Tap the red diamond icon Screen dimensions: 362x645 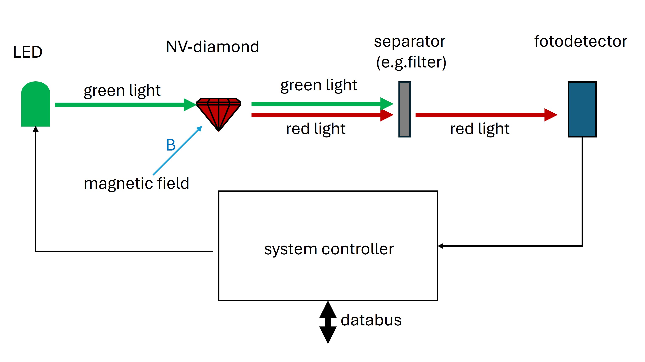(x=218, y=113)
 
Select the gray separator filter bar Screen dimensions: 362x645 (x=404, y=109)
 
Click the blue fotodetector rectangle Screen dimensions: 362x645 (x=582, y=109)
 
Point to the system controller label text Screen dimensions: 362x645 (x=329, y=249)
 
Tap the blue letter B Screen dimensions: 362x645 (x=171, y=145)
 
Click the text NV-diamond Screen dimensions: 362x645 (x=212, y=47)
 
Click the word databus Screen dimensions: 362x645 (x=371, y=320)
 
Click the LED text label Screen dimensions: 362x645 (x=28, y=52)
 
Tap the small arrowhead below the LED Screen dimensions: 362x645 (x=36, y=129)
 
